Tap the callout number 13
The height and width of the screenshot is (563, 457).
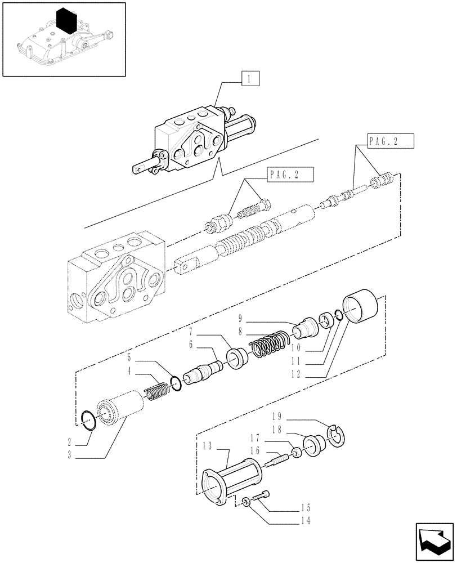coord(207,445)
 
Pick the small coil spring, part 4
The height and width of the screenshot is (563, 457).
coord(157,390)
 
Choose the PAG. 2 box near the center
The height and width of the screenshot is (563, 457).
coord(289,175)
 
